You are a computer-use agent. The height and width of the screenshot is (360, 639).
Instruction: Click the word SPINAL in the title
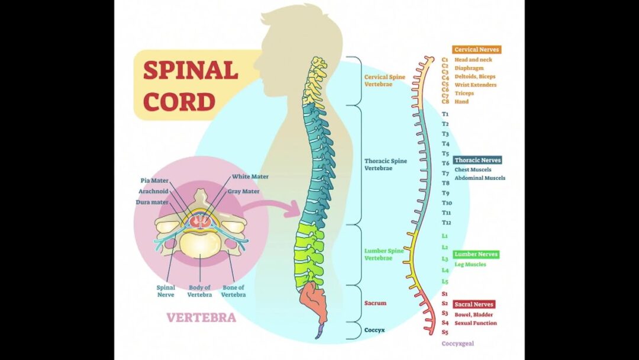point(191,70)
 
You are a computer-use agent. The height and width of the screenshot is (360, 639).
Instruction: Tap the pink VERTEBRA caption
point(201,317)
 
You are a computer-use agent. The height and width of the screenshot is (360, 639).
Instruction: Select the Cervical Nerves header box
point(476,50)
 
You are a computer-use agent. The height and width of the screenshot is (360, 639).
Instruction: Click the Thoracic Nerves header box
point(477,160)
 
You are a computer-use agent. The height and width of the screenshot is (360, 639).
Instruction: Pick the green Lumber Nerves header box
point(476,255)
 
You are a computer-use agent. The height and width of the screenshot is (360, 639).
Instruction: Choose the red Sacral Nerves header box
point(473,304)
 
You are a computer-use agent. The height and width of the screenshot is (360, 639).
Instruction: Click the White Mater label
point(250,176)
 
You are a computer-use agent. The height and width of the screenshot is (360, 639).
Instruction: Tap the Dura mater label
point(152,202)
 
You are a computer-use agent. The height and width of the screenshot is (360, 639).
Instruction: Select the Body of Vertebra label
point(199,291)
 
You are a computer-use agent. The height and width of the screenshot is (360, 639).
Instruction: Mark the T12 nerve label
point(447,223)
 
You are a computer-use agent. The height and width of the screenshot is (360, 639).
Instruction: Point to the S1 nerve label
point(445,294)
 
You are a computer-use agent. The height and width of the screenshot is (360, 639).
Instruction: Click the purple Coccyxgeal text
point(457,343)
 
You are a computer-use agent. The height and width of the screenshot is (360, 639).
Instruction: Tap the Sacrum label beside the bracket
point(375,303)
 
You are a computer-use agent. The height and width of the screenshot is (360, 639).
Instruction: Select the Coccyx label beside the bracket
point(375,330)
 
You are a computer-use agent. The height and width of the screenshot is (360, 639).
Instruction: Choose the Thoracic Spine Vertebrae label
point(386,165)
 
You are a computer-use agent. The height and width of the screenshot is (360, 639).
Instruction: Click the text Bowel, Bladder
point(473,315)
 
